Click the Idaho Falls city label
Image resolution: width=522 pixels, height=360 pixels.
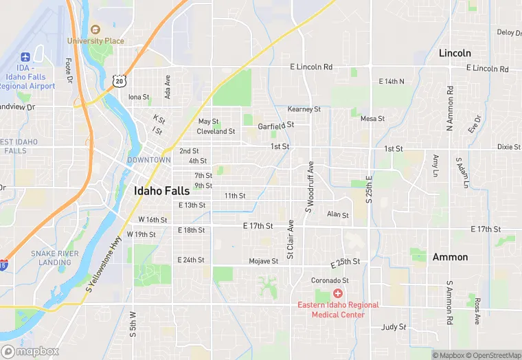click(162, 191)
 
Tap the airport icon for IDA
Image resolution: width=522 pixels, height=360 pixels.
click(26, 56)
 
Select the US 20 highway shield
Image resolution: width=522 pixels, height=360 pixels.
click(120, 81)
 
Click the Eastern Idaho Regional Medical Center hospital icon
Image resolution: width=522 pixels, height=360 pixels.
click(337, 293)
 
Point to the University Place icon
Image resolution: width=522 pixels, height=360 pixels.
click(95, 30)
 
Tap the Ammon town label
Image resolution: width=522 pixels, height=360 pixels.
click(450, 257)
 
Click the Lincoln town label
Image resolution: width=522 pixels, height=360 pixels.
click(455, 53)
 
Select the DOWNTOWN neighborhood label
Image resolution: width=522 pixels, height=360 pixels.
click(148, 160)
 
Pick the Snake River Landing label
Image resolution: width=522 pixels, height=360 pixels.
click(54, 258)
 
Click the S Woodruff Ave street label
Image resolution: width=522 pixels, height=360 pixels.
click(310, 187)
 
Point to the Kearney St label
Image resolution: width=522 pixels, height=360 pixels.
click(304, 109)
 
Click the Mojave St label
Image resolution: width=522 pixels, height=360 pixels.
click(264, 261)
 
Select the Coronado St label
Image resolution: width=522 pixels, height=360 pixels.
click(330, 280)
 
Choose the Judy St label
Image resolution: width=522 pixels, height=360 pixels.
click(394, 327)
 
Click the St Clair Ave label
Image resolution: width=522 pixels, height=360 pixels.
click(291, 239)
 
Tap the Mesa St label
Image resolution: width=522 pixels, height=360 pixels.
click(372, 119)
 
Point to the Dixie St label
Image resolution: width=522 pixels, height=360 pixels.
click(509, 146)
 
